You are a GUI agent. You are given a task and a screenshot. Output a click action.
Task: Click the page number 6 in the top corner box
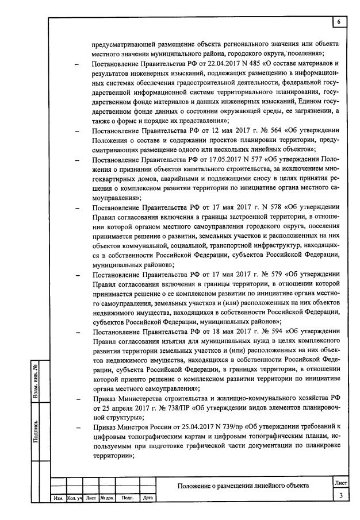point(339,22)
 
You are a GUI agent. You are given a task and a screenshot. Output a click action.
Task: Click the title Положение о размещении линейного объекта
point(243,486)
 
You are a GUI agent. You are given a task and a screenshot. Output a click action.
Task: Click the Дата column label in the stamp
point(147,498)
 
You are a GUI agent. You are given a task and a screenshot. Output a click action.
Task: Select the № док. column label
point(106,498)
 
